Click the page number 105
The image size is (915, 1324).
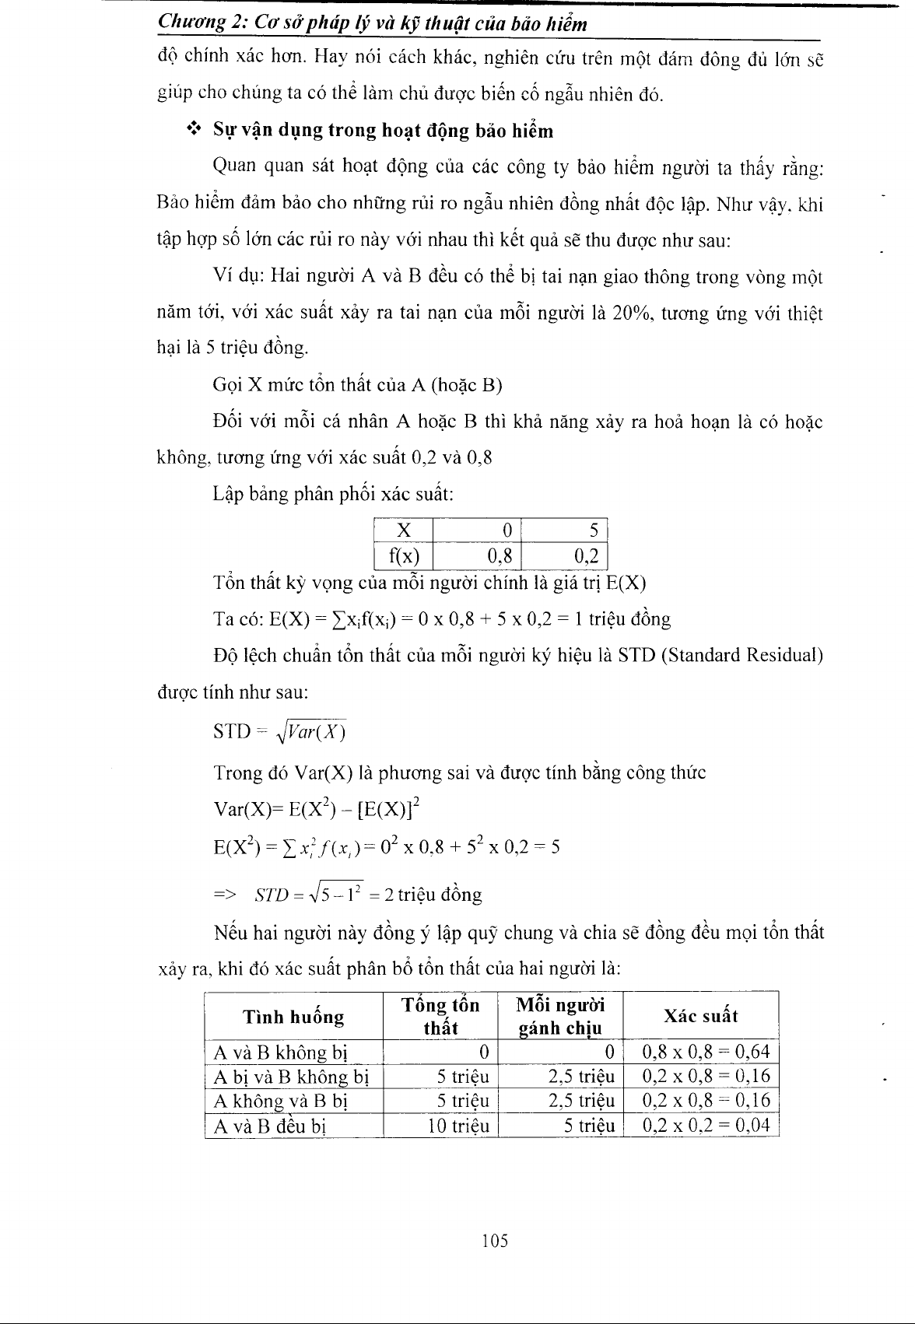pos(494,1241)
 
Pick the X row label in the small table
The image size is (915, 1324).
pos(404,531)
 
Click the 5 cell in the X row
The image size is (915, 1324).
pos(593,531)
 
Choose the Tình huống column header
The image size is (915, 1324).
pos(293,1016)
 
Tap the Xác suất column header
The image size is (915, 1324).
pos(700,1016)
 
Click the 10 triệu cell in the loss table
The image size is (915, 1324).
pos(458,1126)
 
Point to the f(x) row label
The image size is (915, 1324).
pos(404,556)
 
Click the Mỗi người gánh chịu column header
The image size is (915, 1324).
pos(560,1016)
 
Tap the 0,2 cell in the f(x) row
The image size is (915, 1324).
pos(586,556)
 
